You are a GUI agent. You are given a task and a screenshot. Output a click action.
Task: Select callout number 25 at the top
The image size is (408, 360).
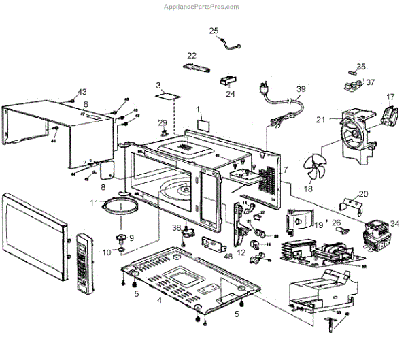(214, 31)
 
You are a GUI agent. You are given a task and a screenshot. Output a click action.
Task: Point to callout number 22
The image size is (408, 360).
(192, 56)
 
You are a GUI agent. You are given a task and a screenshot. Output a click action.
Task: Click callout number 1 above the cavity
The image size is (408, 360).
(199, 109)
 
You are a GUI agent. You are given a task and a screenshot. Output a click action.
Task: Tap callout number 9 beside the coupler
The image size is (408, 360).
(131, 238)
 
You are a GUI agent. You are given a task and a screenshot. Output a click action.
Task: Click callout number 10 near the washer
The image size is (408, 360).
(106, 252)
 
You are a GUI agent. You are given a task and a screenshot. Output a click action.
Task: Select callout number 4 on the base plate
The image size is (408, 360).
(159, 300)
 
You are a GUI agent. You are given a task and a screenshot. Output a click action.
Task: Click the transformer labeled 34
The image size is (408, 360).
(379, 234)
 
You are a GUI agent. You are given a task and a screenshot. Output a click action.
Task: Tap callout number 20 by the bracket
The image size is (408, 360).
(363, 194)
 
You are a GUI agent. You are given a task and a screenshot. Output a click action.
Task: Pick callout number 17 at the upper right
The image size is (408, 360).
(390, 97)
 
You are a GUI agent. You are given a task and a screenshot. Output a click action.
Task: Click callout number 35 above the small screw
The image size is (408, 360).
(361, 67)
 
